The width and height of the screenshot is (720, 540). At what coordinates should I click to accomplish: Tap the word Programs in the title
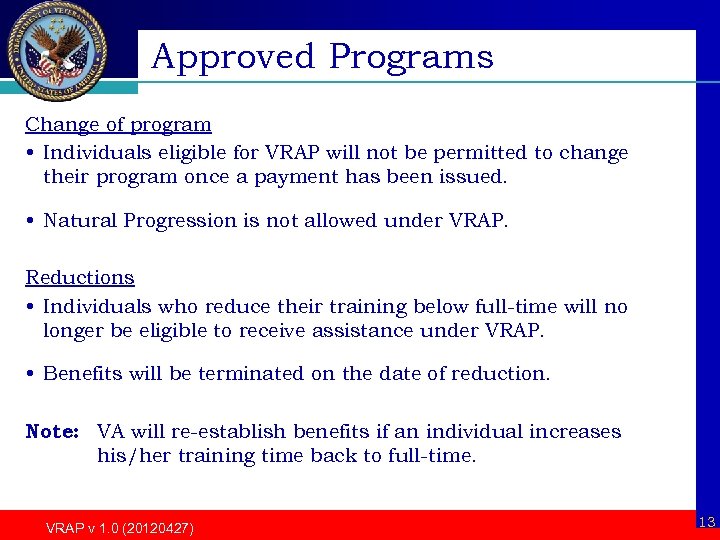click(411, 58)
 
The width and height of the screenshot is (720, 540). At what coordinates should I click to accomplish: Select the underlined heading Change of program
click(118, 125)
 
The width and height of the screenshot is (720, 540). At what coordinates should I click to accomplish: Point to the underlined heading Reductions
click(80, 277)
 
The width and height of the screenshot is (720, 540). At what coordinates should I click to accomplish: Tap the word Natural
click(80, 220)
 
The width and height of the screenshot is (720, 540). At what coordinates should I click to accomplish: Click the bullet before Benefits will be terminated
click(31, 374)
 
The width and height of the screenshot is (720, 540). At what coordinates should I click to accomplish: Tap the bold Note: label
click(52, 432)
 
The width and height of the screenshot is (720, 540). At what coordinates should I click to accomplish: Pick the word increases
click(573, 432)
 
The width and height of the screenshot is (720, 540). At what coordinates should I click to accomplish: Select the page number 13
click(706, 522)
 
